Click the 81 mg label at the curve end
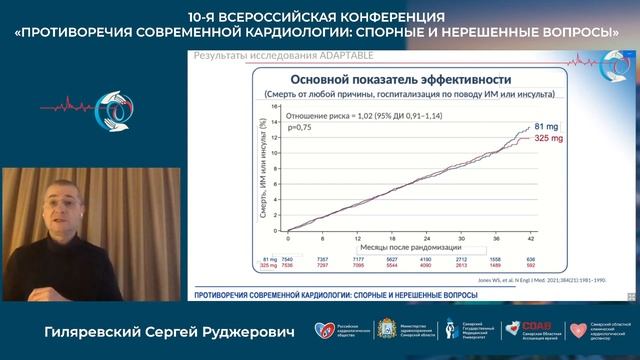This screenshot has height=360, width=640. [x=544, y=125]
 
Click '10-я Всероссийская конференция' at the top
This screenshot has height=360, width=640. [x=320, y=17]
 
